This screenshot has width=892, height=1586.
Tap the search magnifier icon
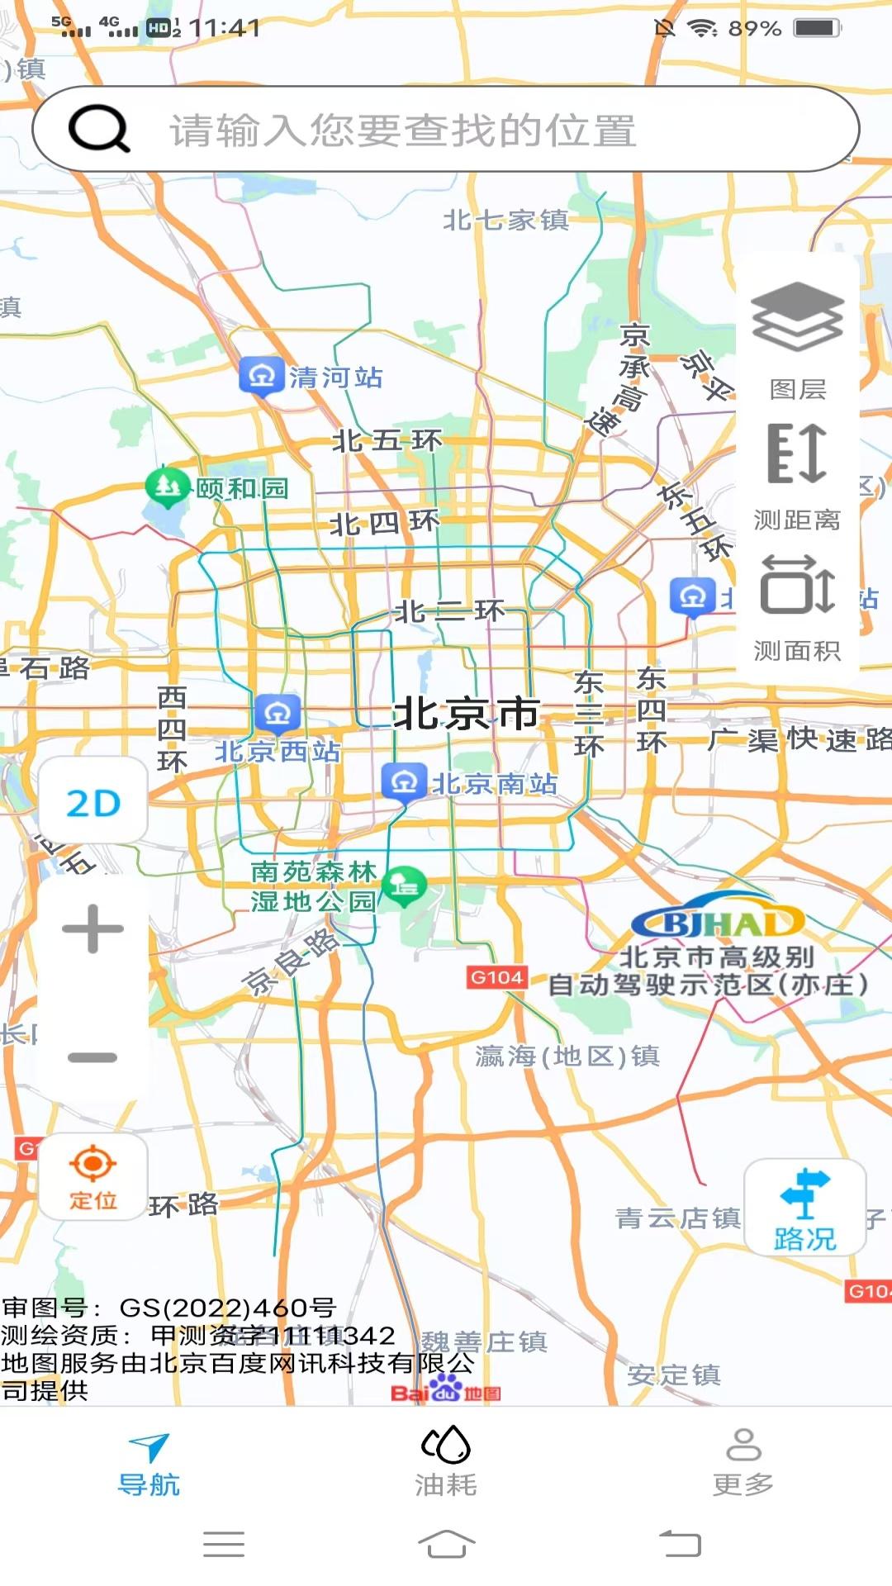pyautogui.click(x=99, y=129)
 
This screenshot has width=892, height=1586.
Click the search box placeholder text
pyautogui.click(x=403, y=131)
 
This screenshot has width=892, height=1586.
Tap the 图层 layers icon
pyautogui.click(x=797, y=318)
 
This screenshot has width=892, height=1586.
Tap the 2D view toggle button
pyautogui.click(x=93, y=803)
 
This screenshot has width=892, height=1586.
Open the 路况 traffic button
pyautogui.click(x=804, y=1208)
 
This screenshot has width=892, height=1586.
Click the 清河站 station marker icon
pyautogui.click(x=262, y=377)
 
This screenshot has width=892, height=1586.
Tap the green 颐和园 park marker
pyautogui.click(x=167, y=487)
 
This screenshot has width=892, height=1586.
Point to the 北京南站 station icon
pyautogui.click(x=404, y=781)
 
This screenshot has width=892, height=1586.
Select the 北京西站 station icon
pyautogui.click(x=278, y=713)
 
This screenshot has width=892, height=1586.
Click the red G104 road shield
pyautogui.click(x=496, y=978)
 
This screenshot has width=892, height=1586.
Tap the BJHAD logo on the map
pyautogui.click(x=717, y=919)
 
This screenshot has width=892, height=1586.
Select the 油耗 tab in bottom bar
pyautogui.click(x=446, y=1462)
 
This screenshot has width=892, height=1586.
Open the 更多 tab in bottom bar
pyautogui.click(x=743, y=1462)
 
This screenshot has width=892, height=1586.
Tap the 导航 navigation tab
pyautogui.click(x=149, y=1462)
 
